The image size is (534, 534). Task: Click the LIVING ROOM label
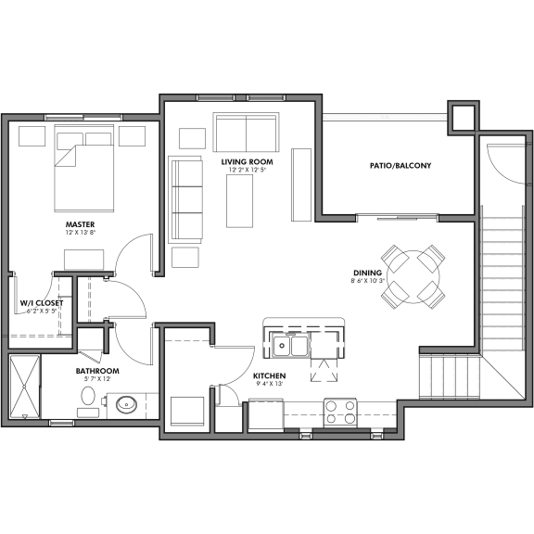[x=247, y=161]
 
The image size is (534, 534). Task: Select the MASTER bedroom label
[x=81, y=224]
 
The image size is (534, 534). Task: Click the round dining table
[x=414, y=274]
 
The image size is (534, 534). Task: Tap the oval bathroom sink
[x=126, y=404]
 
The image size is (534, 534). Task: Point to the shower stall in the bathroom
[x=26, y=388]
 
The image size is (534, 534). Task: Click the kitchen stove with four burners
[x=340, y=411]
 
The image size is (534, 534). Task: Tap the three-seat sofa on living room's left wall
[x=185, y=197]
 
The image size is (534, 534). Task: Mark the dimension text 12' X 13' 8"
[x=81, y=235]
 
